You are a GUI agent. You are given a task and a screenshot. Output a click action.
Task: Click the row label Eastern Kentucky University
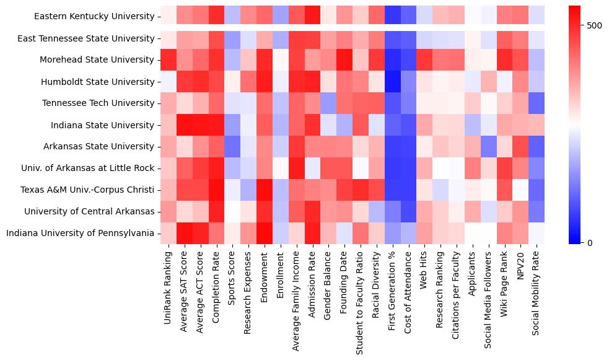tap(95, 17)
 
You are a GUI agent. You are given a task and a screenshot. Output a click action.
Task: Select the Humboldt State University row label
tap(98, 82)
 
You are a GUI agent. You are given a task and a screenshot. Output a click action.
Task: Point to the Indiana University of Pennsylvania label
tap(80, 234)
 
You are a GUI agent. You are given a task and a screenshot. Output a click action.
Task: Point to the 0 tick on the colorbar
tap(590, 242)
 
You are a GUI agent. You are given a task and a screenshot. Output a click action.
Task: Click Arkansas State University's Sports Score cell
tap(232, 147)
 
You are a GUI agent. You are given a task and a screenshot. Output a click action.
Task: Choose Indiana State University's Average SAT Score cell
tap(184, 125)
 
